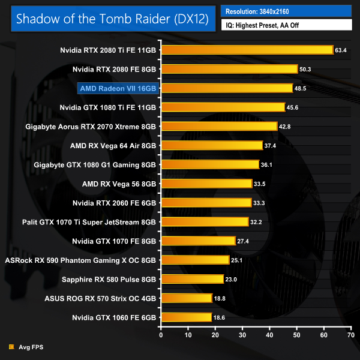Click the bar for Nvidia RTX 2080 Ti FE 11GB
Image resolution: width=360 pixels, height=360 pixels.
point(246,50)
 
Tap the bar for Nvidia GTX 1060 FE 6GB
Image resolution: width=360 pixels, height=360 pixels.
point(186,317)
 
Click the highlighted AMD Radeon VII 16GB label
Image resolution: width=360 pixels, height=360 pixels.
point(118,88)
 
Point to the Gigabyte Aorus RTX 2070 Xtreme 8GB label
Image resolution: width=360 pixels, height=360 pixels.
point(91,127)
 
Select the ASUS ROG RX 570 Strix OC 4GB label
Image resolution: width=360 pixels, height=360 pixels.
point(101,298)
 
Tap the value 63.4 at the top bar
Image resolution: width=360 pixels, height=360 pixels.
point(341,50)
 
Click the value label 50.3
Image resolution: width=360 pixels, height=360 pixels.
point(306,70)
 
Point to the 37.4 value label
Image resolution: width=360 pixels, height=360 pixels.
point(271,146)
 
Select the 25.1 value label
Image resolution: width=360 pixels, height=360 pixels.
point(238,260)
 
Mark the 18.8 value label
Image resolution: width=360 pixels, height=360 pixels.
point(221,298)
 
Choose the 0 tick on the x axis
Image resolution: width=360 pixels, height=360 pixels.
point(161,335)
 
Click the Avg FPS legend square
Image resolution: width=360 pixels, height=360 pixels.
point(11,347)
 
